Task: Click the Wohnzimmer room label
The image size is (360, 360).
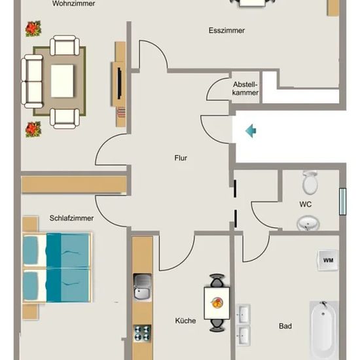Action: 74,4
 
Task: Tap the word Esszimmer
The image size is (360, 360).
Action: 226,31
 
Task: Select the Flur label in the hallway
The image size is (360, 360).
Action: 181,158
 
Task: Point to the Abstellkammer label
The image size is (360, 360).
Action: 245,88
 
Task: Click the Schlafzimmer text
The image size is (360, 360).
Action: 71,218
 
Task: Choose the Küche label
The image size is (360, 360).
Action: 185,321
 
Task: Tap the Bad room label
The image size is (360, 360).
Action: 285,326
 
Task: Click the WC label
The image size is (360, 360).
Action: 306,204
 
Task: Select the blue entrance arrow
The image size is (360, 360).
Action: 251,131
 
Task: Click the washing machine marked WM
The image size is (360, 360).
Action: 328,260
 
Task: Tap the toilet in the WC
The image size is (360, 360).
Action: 310,183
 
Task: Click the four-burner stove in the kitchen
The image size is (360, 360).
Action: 143,333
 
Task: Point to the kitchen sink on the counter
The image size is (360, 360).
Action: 142,287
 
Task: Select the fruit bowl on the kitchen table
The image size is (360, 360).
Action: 217,303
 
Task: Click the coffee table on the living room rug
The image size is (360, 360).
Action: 62,81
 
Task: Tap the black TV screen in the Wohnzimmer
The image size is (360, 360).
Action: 119,83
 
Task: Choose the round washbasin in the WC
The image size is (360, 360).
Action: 308,223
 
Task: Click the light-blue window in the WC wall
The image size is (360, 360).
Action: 342,202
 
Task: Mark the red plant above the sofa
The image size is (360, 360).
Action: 33,29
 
